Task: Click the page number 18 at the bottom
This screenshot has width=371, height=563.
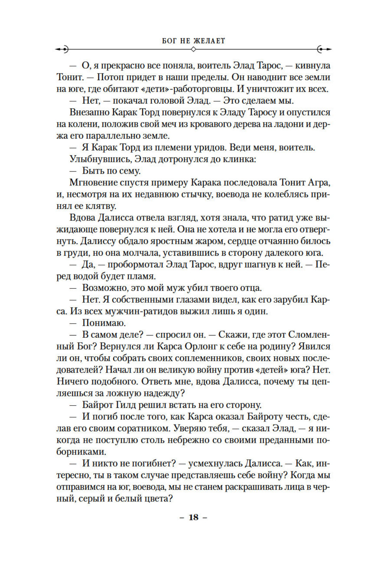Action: pos(193,517)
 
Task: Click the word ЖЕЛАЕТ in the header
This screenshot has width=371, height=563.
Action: pos(209,41)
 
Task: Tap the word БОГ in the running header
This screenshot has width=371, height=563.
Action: pos(169,41)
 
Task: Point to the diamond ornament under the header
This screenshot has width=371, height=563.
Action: pos(193,49)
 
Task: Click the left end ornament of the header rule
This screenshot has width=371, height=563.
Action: pos(63,49)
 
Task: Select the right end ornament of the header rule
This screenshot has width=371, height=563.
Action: pos(323,49)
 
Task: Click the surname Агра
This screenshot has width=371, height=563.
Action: pos(318,183)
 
